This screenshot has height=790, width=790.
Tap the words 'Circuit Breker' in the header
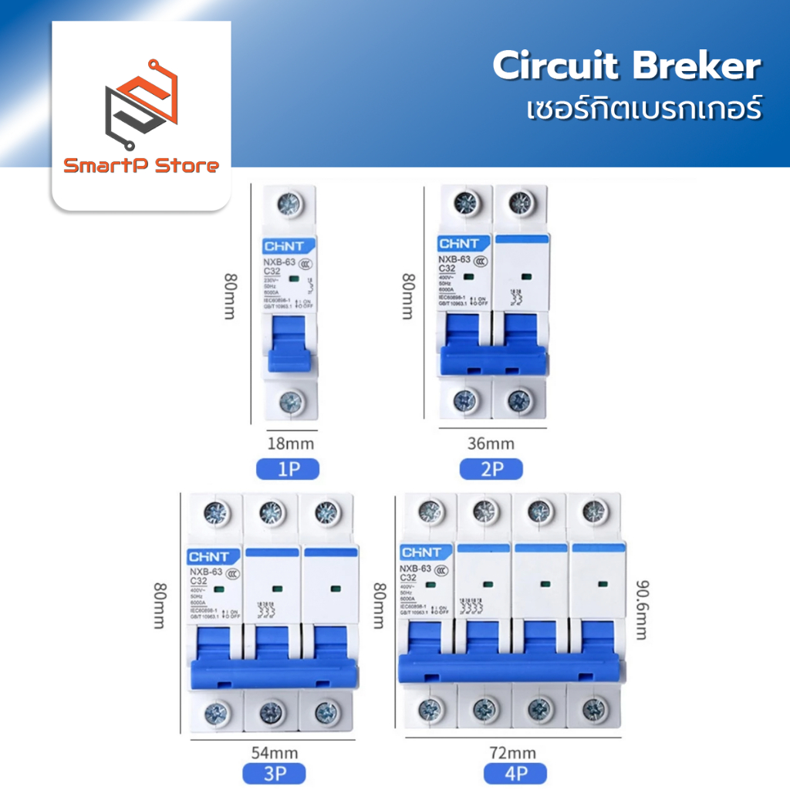(626, 67)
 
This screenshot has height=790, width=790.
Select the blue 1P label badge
(287, 469)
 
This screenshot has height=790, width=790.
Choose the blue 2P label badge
(491, 469)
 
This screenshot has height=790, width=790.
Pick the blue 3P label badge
(274, 774)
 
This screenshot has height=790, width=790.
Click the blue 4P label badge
(515, 774)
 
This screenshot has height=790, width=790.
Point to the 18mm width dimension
(291, 444)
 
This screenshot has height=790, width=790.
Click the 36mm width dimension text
(491, 444)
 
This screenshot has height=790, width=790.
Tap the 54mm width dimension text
(275, 752)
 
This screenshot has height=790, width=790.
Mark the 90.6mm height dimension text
(640, 609)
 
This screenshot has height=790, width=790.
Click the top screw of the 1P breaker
(291, 204)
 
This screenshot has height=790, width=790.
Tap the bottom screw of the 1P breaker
(291, 400)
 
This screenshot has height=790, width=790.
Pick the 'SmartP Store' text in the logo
(141, 165)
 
